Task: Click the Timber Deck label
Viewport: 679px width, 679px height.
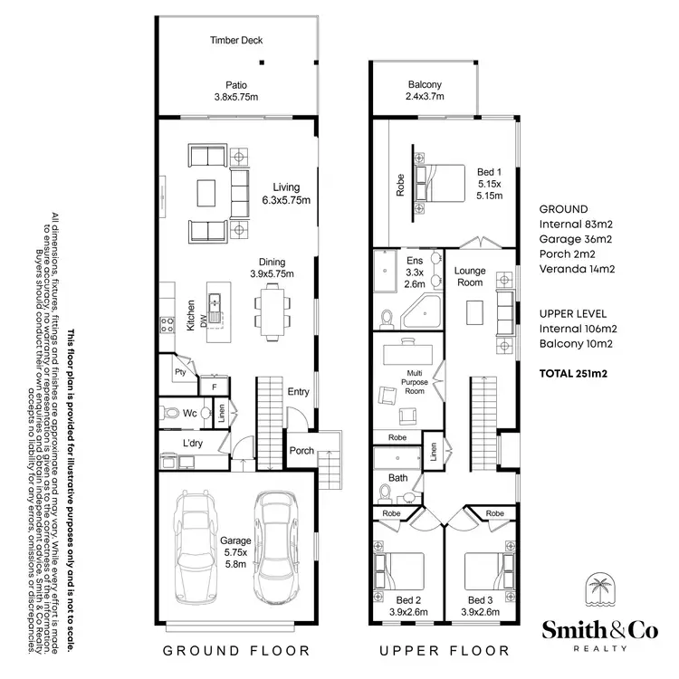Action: point(236,41)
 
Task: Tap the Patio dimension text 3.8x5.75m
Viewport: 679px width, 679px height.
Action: point(236,97)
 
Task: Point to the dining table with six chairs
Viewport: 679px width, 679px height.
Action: point(272,308)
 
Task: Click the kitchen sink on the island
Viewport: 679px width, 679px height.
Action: point(216,302)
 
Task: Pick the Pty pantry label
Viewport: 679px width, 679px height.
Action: point(179,370)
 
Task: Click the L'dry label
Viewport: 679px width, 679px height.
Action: point(193,444)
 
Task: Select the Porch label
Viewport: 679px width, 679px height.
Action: point(301,450)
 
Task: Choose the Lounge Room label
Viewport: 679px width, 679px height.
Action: point(470,277)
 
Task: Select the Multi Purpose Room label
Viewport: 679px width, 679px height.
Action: point(415,383)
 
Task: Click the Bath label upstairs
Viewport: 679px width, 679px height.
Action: point(398,477)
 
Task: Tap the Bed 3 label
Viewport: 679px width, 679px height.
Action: point(481,607)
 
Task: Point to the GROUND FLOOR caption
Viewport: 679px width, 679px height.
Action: point(236,650)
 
